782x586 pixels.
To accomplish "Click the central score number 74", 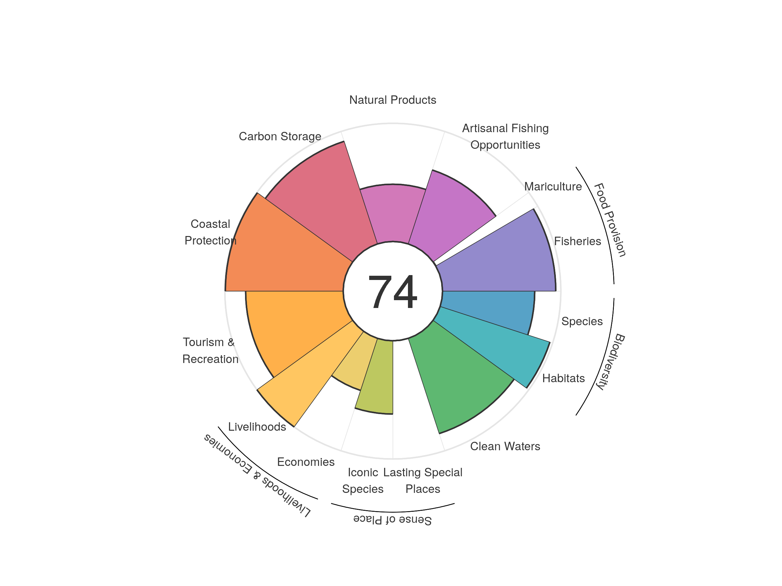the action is (x=392, y=292).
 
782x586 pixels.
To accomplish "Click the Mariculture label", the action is (x=553, y=187).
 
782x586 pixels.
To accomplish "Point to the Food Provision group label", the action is (x=610, y=220).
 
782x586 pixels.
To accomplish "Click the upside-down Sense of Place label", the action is (x=392, y=520).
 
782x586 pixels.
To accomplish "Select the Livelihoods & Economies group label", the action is (x=257, y=475).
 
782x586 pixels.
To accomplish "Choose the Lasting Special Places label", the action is (x=423, y=481).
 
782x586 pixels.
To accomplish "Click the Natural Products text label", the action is (x=392, y=100).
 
